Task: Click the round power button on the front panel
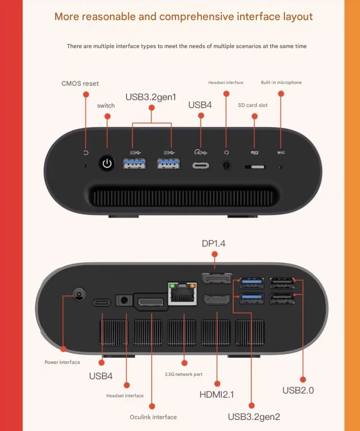pyautogui.click(x=107, y=163)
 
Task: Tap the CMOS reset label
pyautogui.click(x=80, y=84)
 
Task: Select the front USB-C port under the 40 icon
pyautogui.click(x=200, y=166)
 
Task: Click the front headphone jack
pyautogui.click(x=226, y=166)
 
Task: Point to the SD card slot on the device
pyautogui.click(x=255, y=167)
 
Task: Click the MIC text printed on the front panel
pyautogui.click(x=281, y=153)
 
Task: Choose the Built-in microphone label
pyautogui.click(x=281, y=83)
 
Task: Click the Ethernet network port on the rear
pyautogui.click(x=182, y=294)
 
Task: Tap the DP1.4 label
pyautogui.click(x=213, y=243)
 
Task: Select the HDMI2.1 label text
pyautogui.click(x=217, y=395)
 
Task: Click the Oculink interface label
pyautogui.click(x=153, y=417)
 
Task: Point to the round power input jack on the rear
pyautogui.click(x=79, y=294)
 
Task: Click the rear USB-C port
pyautogui.click(x=102, y=303)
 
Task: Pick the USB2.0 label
pyautogui.click(x=298, y=390)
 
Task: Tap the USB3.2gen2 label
pyautogui.click(x=254, y=417)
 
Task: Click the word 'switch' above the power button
pyautogui.click(x=106, y=106)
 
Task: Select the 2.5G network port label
pyautogui.click(x=183, y=374)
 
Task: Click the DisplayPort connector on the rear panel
pyautogui.click(x=217, y=279)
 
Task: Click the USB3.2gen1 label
pyautogui.click(x=151, y=97)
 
